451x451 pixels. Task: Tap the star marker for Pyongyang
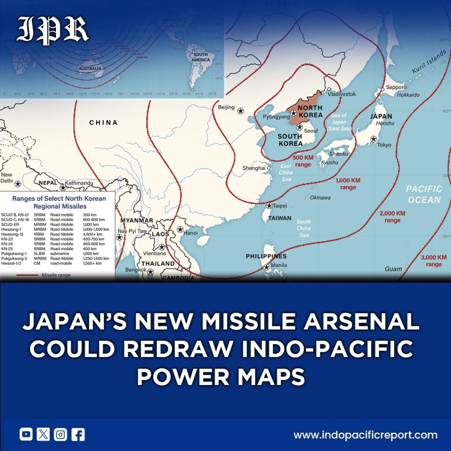(x=293, y=113)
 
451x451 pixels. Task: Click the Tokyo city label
(x=384, y=145)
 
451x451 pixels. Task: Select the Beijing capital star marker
(x=240, y=111)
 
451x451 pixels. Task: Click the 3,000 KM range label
(x=433, y=261)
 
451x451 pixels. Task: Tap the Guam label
(x=393, y=269)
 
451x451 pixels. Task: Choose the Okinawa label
(x=320, y=198)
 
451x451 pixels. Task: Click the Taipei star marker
(x=269, y=206)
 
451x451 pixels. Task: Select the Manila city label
(x=279, y=265)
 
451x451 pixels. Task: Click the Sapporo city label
(x=396, y=87)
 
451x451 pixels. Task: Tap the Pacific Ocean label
(x=423, y=194)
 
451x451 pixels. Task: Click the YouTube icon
(x=26, y=435)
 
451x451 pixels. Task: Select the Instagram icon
(x=60, y=435)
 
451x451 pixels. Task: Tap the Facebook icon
(x=78, y=435)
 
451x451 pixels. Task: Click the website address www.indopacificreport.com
(x=366, y=435)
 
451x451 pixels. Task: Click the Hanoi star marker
(x=180, y=229)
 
